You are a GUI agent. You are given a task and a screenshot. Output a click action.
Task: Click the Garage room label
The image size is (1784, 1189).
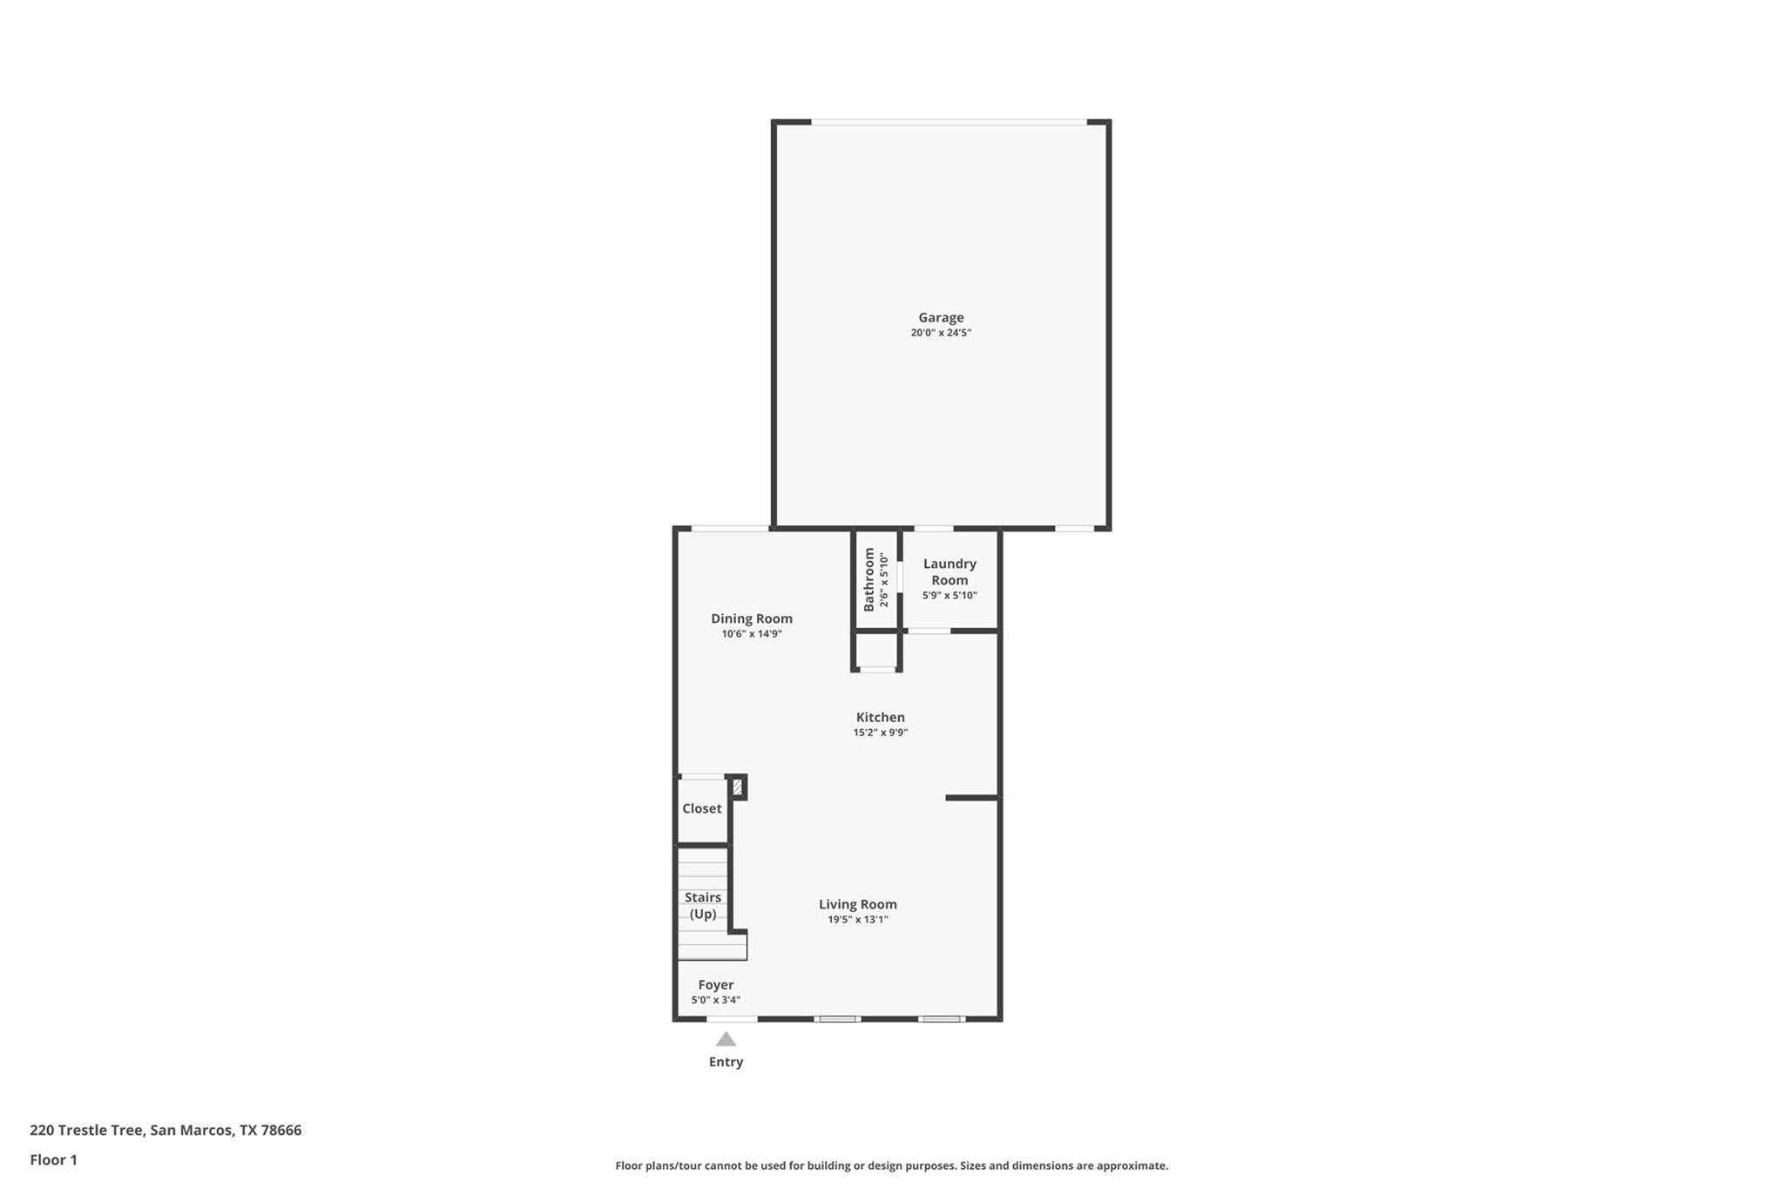click(941, 318)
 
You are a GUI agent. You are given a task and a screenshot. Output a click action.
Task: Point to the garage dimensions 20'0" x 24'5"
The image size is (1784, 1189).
click(941, 333)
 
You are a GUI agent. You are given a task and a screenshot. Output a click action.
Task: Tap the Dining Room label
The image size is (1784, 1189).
click(751, 618)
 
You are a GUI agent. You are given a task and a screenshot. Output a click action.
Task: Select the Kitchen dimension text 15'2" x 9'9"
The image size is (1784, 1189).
click(880, 733)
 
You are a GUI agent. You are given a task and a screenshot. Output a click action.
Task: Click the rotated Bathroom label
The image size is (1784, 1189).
click(868, 579)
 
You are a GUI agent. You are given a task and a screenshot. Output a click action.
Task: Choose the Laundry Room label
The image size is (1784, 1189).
click(949, 571)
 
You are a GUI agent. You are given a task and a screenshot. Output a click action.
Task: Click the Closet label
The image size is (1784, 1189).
click(701, 808)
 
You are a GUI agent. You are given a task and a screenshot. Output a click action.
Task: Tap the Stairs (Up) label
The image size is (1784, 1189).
click(702, 905)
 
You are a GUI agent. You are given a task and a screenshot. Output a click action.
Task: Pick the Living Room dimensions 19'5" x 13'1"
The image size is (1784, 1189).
click(857, 920)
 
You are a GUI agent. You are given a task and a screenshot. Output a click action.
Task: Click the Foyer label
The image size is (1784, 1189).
click(715, 984)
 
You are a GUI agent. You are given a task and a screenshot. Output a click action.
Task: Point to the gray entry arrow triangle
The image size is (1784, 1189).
click(726, 1039)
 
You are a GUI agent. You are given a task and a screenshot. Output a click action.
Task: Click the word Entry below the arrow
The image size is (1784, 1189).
click(726, 1062)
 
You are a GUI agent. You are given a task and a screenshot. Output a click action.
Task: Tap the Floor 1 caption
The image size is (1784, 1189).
click(53, 1159)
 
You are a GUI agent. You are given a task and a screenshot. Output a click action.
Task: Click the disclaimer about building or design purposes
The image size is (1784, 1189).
click(891, 1165)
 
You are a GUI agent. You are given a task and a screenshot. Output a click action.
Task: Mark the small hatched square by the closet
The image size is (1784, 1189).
click(737, 787)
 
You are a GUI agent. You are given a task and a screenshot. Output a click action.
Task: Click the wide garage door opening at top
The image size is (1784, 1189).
click(949, 122)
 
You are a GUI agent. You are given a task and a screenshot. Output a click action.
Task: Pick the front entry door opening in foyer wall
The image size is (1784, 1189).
click(731, 1018)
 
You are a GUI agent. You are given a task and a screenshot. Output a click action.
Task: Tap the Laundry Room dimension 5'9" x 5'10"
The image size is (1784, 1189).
click(949, 596)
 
